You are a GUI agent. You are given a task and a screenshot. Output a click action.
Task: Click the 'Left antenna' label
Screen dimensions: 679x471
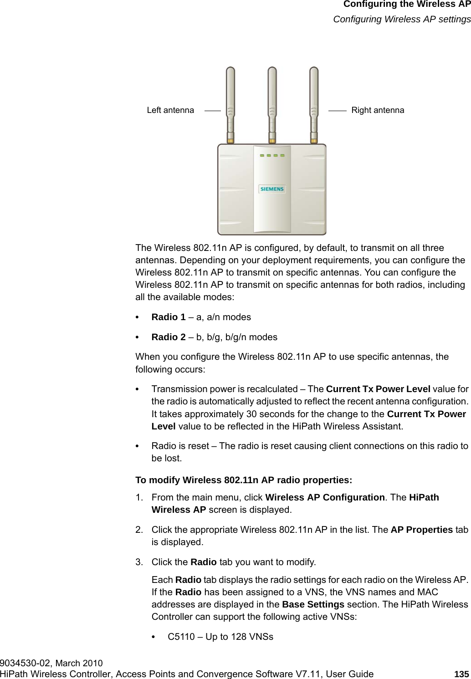(x=170, y=110)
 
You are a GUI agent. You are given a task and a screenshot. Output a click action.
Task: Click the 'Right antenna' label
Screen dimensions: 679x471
(x=378, y=110)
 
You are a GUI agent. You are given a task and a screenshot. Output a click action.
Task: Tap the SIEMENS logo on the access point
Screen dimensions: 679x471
(x=271, y=189)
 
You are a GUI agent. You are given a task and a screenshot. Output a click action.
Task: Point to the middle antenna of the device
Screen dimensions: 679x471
(x=272, y=105)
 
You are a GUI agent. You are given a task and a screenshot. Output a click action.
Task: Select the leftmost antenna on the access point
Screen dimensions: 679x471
(x=230, y=105)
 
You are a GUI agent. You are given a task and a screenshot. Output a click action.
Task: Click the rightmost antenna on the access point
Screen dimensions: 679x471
(x=314, y=105)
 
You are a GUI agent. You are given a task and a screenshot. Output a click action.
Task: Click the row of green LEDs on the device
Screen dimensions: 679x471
(x=272, y=156)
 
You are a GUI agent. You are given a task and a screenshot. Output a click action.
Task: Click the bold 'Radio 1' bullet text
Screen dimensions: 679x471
(x=168, y=317)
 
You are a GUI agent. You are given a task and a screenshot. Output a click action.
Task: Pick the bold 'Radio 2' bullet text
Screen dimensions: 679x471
(x=168, y=337)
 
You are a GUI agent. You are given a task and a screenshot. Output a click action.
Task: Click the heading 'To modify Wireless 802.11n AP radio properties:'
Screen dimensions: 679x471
(x=244, y=480)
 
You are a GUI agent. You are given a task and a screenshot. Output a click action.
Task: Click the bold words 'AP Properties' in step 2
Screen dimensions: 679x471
(x=422, y=531)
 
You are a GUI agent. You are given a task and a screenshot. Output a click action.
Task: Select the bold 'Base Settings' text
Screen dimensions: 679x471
(x=313, y=605)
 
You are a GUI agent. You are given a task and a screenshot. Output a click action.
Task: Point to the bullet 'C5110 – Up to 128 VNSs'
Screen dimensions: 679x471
(x=220, y=637)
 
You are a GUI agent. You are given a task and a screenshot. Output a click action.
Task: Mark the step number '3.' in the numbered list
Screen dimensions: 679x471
(x=139, y=562)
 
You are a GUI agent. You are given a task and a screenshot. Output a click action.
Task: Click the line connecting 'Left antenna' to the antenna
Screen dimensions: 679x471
(x=212, y=110)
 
